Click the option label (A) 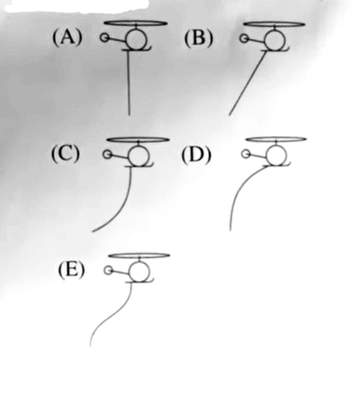67,38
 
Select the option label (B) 199,38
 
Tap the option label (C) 66,154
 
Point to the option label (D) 196,155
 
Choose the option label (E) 71,270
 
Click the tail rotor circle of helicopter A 105,38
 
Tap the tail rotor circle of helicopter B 243,38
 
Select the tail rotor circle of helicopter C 107,155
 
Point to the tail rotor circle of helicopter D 246,154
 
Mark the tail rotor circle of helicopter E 108,270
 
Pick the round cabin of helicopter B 275,40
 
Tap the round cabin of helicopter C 139,155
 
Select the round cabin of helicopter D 276,155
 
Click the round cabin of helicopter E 140,272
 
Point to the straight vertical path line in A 128,83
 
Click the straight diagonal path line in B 248,83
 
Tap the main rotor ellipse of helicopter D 276,139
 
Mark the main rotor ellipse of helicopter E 139,256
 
